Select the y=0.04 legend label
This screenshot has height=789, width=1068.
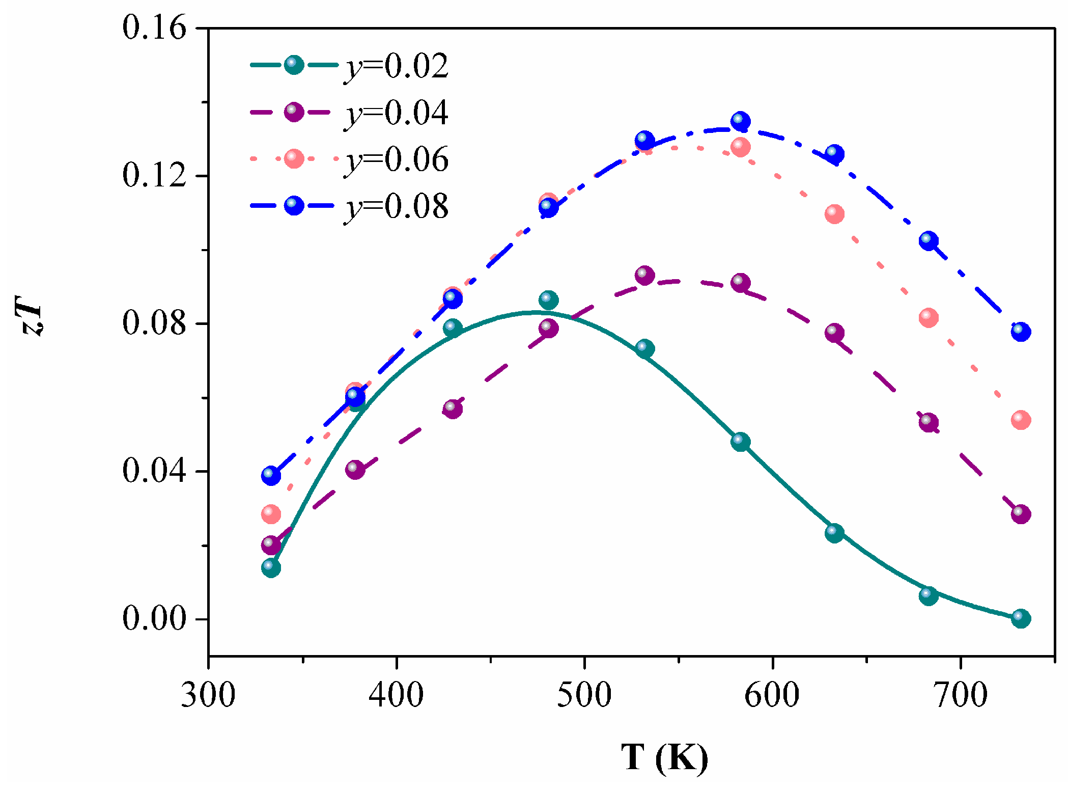pos(396,113)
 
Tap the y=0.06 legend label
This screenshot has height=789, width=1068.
pos(396,159)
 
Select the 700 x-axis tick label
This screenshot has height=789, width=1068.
pos(960,695)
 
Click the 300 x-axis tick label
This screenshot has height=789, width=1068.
pos(208,695)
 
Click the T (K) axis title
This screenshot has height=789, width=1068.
pos(664,758)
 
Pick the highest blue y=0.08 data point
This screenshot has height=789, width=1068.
pos(741,121)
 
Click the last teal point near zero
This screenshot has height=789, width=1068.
pos(1021,618)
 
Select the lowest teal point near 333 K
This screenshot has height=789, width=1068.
pos(271,567)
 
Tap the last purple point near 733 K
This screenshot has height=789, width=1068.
pos(1021,514)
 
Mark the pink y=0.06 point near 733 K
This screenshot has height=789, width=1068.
pos(1021,420)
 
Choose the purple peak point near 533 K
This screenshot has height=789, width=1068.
pos(644,276)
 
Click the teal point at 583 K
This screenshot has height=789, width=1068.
pos(741,442)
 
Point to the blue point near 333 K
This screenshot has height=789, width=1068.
pos(271,475)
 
